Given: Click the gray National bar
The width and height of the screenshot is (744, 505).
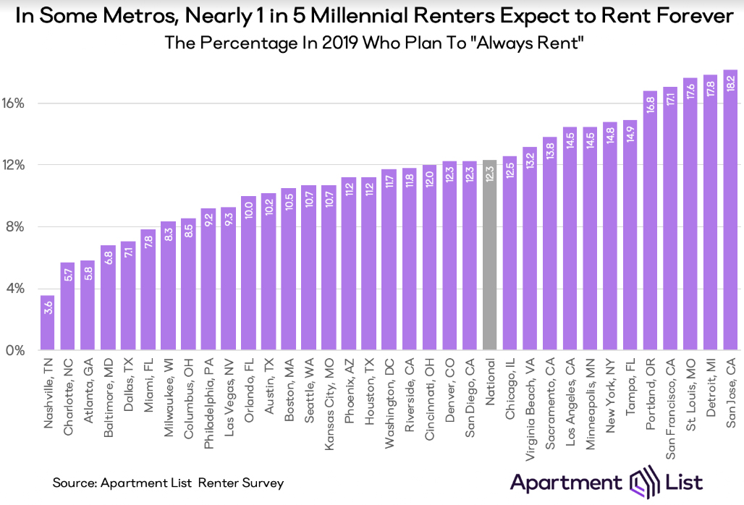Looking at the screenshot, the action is (x=490, y=255).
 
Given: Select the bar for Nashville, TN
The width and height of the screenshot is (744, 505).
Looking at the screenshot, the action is (x=48, y=323).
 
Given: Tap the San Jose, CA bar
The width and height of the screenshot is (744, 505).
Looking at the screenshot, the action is (x=731, y=210).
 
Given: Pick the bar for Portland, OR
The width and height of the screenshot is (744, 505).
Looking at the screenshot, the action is (x=650, y=221).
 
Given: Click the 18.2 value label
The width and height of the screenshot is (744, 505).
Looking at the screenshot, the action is (x=731, y=83).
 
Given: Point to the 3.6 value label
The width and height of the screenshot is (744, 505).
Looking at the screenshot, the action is (x=48, y=307).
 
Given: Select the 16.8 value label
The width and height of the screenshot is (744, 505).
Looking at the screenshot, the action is (x=651, y=104).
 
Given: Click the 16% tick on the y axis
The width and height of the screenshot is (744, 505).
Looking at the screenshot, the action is (x=13, y=103).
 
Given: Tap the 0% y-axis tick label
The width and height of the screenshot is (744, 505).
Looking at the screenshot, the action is (x=15, y=350).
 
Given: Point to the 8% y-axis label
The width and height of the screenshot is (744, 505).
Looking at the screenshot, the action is (x=15, y=226).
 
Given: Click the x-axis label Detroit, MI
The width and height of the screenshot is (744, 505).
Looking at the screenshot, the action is (x=711, y=387).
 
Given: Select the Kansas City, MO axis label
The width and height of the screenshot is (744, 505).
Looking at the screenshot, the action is (x=329, y=404).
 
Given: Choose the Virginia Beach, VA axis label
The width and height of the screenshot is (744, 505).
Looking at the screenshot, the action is (x=530, y=409).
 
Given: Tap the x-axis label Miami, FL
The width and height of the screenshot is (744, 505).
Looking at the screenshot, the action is (x=148, y=385).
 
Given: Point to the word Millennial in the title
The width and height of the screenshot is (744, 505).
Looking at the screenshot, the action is (x=359, y=16).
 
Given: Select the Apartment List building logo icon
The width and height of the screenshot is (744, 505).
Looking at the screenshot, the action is (x=644, y=482).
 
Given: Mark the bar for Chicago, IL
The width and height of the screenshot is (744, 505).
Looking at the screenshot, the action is (x=510, y=253).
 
